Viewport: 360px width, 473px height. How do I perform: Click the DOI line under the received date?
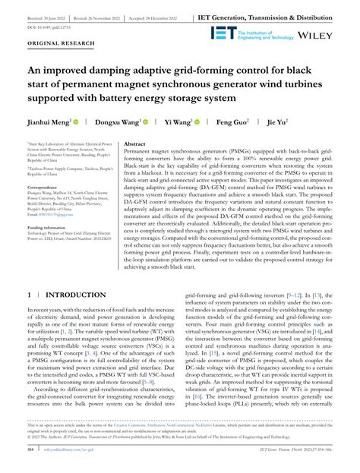click(x=46, y=25)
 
